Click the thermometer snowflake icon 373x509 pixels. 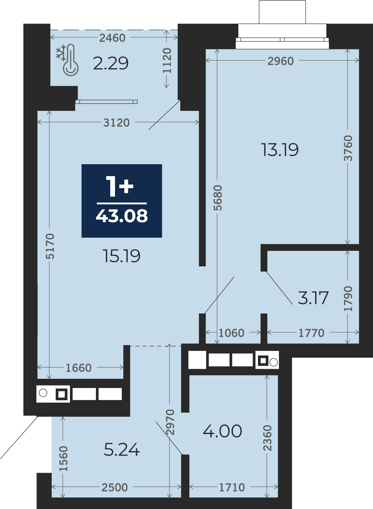pyautogui.click(x=67, y=60)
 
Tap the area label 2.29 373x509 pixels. pyautogui.click(x=111, y=63)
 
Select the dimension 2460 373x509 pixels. pyautogui.click(x=112, y=38)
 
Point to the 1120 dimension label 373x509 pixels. pyautogui.click(x=167, y=60)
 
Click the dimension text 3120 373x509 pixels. pyautogui.click(x=116, y=123)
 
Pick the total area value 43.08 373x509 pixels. pyautogui.click(x=122, y=216)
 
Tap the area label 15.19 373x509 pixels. pyautogui.click(x=122, y=256)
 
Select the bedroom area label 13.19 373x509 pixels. pyautogui.click(x=280, y=150)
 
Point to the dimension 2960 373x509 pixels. pyautogui.click(x=281, y=61)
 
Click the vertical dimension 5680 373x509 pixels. pyautogui.click(x=218, y=198)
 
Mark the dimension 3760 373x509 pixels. pyautogui.click(x=348, y=148)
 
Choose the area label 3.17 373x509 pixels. pyautogui.click(x=313, y=298)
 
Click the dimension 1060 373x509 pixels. pyautogui.click(x=231, y=333)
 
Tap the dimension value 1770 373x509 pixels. pyautogui.click(x=311, y=333)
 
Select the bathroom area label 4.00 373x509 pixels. pyautogui.click(x=223, y=431)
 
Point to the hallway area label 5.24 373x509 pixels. pyautogui.click(x=122, y=450)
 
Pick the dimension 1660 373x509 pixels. pyautogui.click(x=79, y=368)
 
